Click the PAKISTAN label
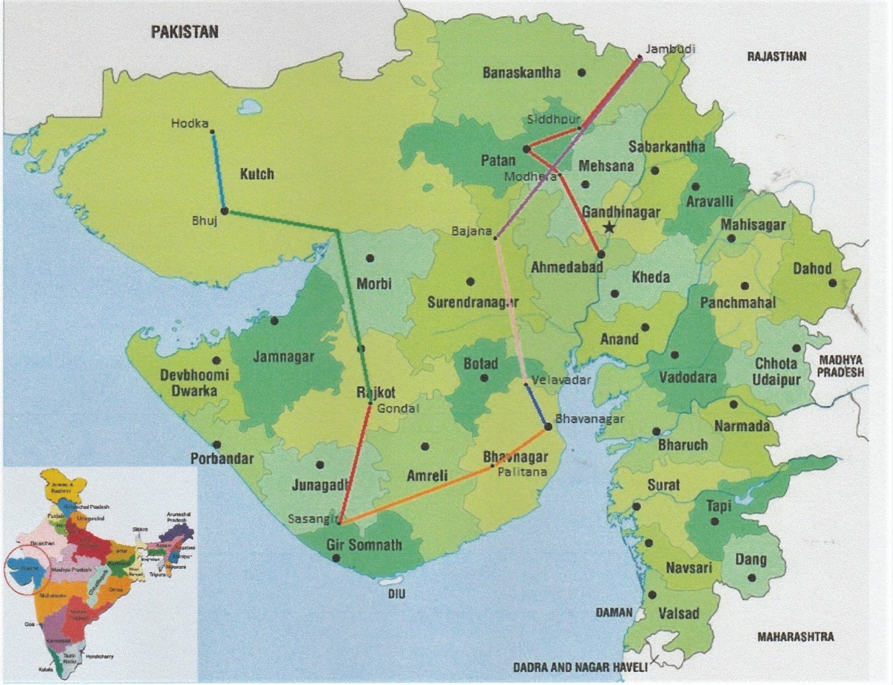pyautogui.click(x=184, y=31)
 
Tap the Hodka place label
pyautogui.click(x=190, y=124)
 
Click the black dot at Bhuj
pyautogui.click(x=224, y=211)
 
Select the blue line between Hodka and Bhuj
pyautogui.click(x=218, y=170)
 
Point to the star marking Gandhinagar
pyautogui.click(x=609, y=228)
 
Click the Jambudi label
pyautogui.click(x=670, y=49)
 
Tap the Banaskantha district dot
pyautogui.click(x=582, y=73)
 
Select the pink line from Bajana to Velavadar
pyautogui.click(x=511, y=310)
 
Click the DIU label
pyautogui.click(x=396, y=595)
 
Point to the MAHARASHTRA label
pyautogui.click(x=795, y=636)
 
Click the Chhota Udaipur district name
pyautogui.click(x=776, y=372)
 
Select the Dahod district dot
pyautogui.click(x=833, y=283)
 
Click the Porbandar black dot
pyautogui.click(x=217, y=445)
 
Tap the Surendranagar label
pyautogui.click(x=473, y=302)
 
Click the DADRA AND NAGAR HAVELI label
pyautogui.click(x=580, y=667)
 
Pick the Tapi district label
pyautogui.click(x=718, y=506)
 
